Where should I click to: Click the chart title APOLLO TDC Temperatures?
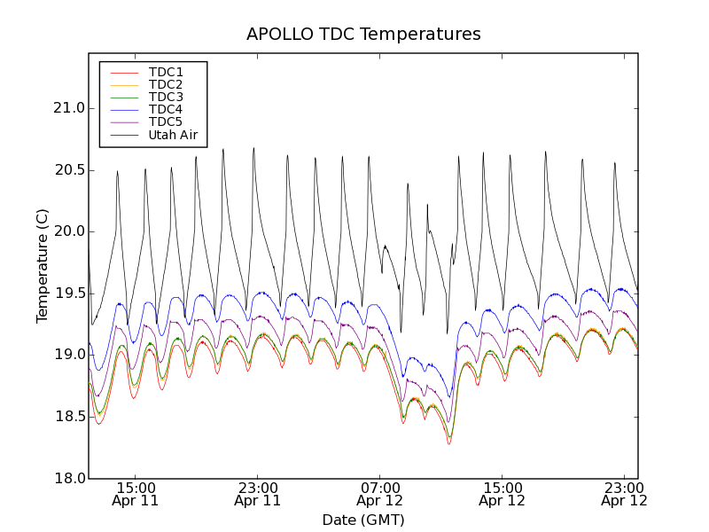[x=363, y=35]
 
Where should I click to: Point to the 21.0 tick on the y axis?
[x=68, y=108]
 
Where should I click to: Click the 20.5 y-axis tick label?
[x=68, y=169]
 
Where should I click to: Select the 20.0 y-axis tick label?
[x=68, y=231]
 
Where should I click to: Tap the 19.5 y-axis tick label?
[x=68, y=293]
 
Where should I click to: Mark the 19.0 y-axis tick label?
[x=68, y=355]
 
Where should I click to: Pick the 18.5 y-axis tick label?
[x=68, y=417]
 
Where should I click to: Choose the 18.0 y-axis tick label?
[x=68, y=478]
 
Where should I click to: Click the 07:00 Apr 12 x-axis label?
[x=380, y=493]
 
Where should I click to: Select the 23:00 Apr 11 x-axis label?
[x=258, y=493]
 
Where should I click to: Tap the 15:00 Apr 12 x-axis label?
[x=503, y=493]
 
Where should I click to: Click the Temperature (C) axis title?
[x=43, y=266]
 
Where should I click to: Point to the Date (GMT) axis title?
[x=363, y=520]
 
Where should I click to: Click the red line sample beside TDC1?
[x=124, y=72]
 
